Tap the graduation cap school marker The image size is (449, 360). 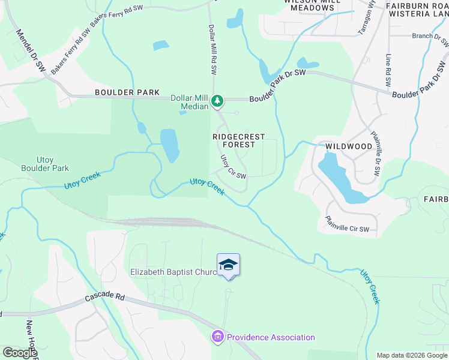(x=228, y=265)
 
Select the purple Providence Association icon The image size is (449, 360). (x=217, y=337)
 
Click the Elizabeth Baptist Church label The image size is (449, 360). (x=174, y=272)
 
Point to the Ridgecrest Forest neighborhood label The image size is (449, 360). (x=238, y=140)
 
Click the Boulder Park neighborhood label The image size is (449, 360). (x=127, y=92)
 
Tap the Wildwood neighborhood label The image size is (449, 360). (x=349, y=146)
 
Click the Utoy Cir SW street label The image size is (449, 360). (x=233, y=167)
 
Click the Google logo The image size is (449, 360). (x=19, y=353)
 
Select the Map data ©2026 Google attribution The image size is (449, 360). (x=412, y=355)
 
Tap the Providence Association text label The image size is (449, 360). (x=271, y=337)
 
